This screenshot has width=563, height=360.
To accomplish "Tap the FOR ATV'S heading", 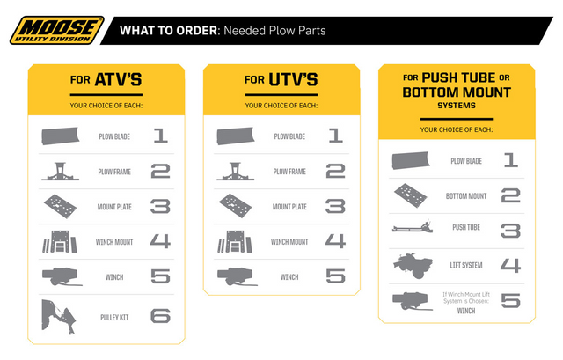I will point(106,80).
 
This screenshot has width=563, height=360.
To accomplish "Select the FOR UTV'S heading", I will point(281,80).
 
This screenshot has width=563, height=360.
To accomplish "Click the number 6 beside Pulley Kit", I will point(160,316).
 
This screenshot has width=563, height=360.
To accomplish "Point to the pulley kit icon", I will point(59,318).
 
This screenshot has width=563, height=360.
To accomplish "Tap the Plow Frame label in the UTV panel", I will point(289,172).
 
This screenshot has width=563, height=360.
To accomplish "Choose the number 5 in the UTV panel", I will point(335,276).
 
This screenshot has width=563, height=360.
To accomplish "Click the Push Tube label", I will point(465,228).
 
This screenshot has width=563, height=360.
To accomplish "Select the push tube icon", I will point(412,229).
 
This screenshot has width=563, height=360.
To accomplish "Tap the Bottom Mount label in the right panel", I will point(466,195).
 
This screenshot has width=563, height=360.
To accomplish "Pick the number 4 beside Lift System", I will point(510,263).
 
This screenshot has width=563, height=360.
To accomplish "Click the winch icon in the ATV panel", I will point(62,277).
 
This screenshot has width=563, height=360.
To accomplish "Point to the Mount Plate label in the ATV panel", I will point(113,207).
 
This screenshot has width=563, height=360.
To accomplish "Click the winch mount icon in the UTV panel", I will point(236,241).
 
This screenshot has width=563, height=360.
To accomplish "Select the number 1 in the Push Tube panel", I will point(510,161).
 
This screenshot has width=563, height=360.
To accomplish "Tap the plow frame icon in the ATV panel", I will point(62,172).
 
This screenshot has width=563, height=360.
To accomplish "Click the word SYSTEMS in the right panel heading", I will point(456,105).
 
